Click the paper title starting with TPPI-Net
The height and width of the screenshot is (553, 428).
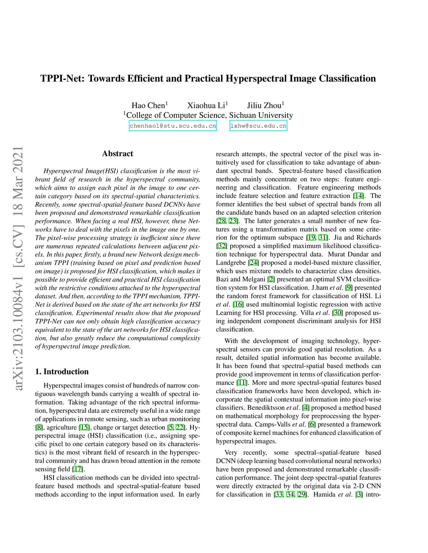point(208,78)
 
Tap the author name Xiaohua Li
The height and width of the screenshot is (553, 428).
point(206,105)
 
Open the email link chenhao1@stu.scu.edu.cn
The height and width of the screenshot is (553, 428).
point(173,126)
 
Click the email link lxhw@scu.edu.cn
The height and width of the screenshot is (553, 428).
point(258,126)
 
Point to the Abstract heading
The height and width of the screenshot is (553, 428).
point(117,154)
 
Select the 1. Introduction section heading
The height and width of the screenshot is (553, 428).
point(62,371)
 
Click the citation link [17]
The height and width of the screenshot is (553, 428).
point(78,469)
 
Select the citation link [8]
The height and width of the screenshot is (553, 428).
point(39,427)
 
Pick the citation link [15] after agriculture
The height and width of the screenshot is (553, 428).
point(84,427)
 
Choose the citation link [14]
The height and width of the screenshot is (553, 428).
point(358,196)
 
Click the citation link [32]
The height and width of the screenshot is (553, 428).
point(222,246)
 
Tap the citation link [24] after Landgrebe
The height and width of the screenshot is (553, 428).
point(253,263)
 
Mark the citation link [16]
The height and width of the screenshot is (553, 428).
point(238,304)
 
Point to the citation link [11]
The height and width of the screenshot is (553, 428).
point(242,383)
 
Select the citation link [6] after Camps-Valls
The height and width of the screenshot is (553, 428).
point(312,424)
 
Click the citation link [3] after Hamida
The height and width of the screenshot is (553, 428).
point(359,495)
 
